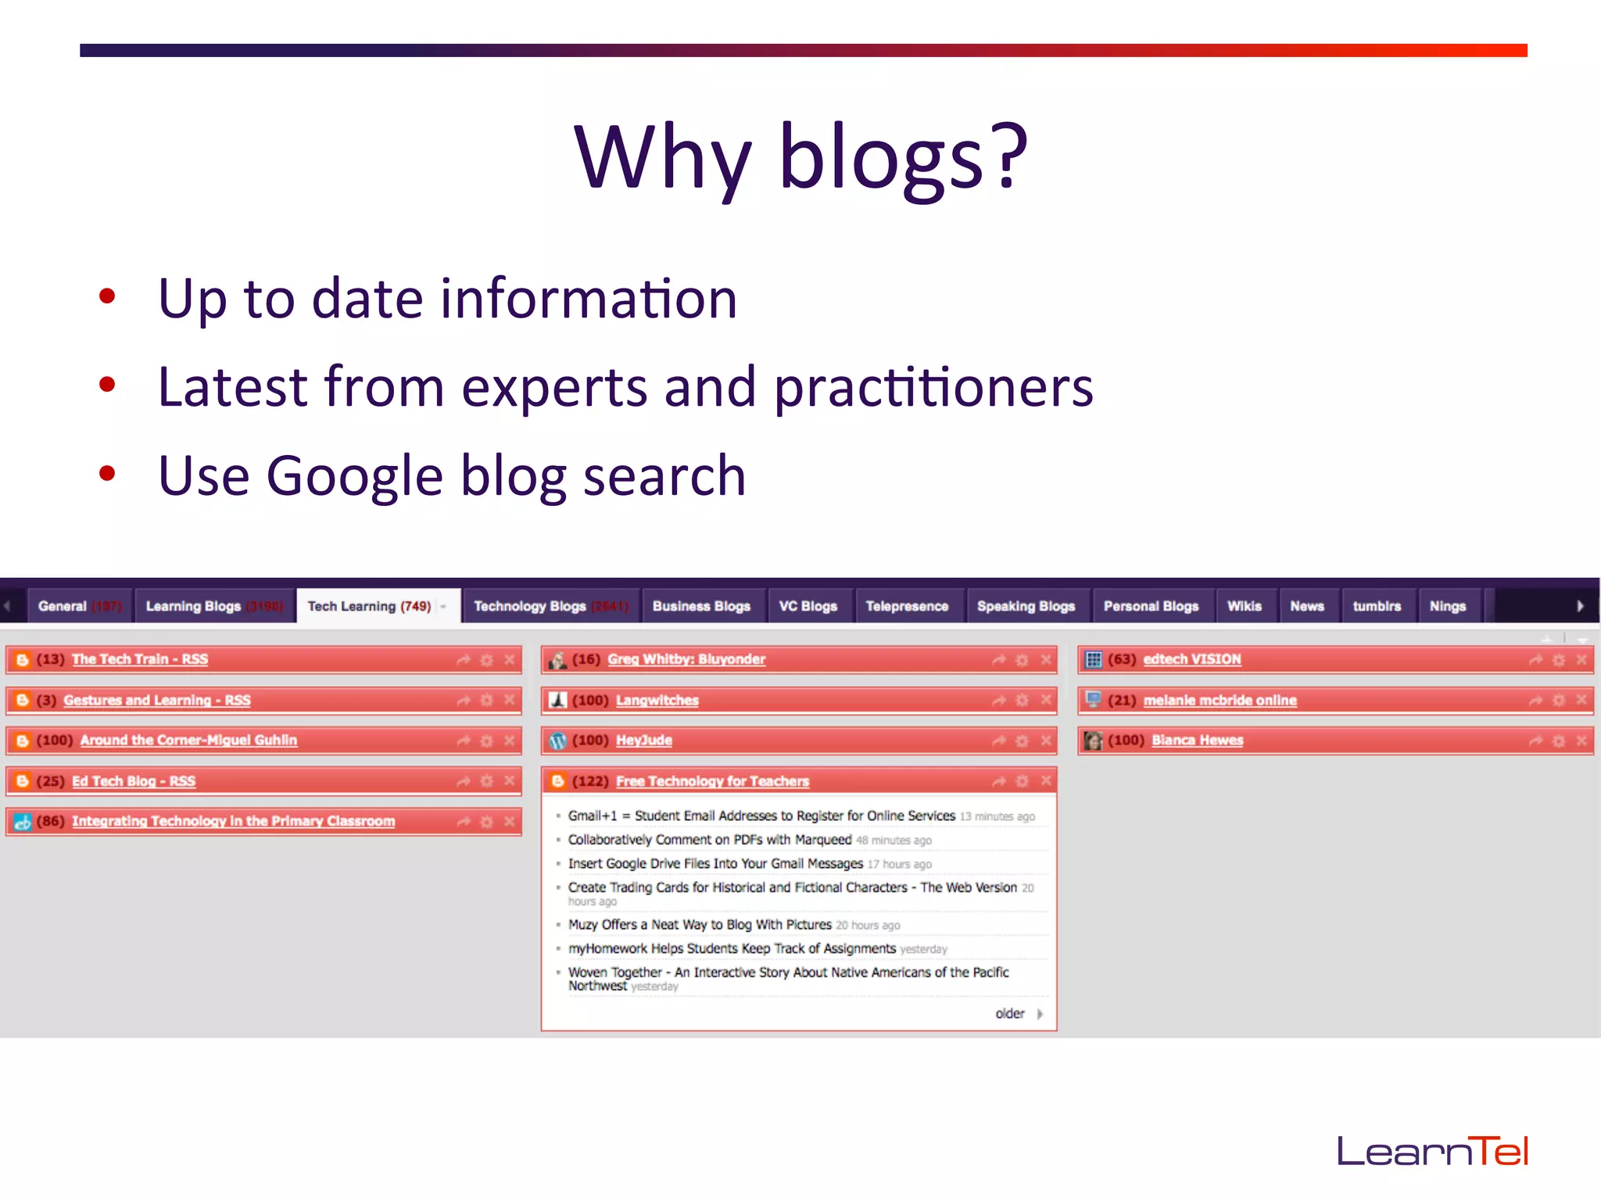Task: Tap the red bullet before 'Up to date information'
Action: click(x=107, y=296)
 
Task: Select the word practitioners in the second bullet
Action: click(x=933, y=387)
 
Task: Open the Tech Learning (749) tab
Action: click(x=369, y=606)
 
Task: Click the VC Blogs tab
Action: click(x=808, y=606)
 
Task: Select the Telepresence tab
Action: click(x=907, y=606)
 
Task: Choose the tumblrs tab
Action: click(x=1377, y=606)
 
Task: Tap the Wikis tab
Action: click(x=1244, y=606)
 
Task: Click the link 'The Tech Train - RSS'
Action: click(x=140, y=659)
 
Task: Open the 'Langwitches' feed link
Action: click(x=657, y=701)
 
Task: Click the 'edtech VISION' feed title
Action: click(x=1191, y=659)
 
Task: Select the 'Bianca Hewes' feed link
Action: click(x=1197, y=740)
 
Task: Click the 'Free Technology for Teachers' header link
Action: click(x=712, y=781)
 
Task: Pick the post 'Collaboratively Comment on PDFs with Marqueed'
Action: click(x=709, y=840)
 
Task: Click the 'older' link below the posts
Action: click(x=1010, y=1013)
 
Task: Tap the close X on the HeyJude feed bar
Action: click(x=1046, y=740)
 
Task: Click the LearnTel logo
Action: click(x=1432, y=1151)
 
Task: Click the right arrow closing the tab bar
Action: click(x=1580, y=606)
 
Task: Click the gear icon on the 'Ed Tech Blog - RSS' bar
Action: click(x=486, y=781)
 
